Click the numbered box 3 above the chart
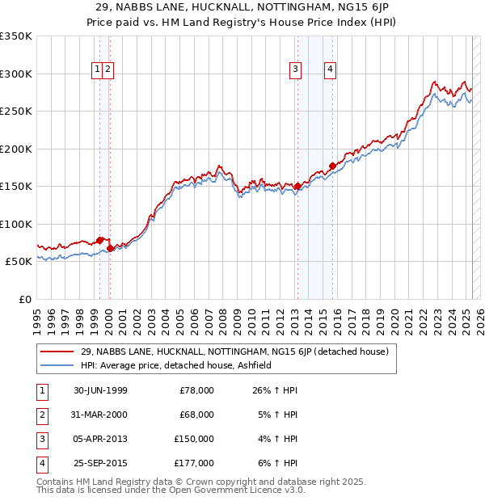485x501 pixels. coord(296,70)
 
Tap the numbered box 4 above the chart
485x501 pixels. coord(331,70)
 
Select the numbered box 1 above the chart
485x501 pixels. coord(97,70)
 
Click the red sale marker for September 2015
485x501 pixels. coord(332,166)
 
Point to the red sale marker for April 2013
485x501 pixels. coord(297,187)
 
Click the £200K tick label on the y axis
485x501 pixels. coord(16,149)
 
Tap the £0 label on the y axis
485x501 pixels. coord(24,299)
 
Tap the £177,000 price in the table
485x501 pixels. coord(194,463)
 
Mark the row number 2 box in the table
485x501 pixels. coord(41,415)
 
